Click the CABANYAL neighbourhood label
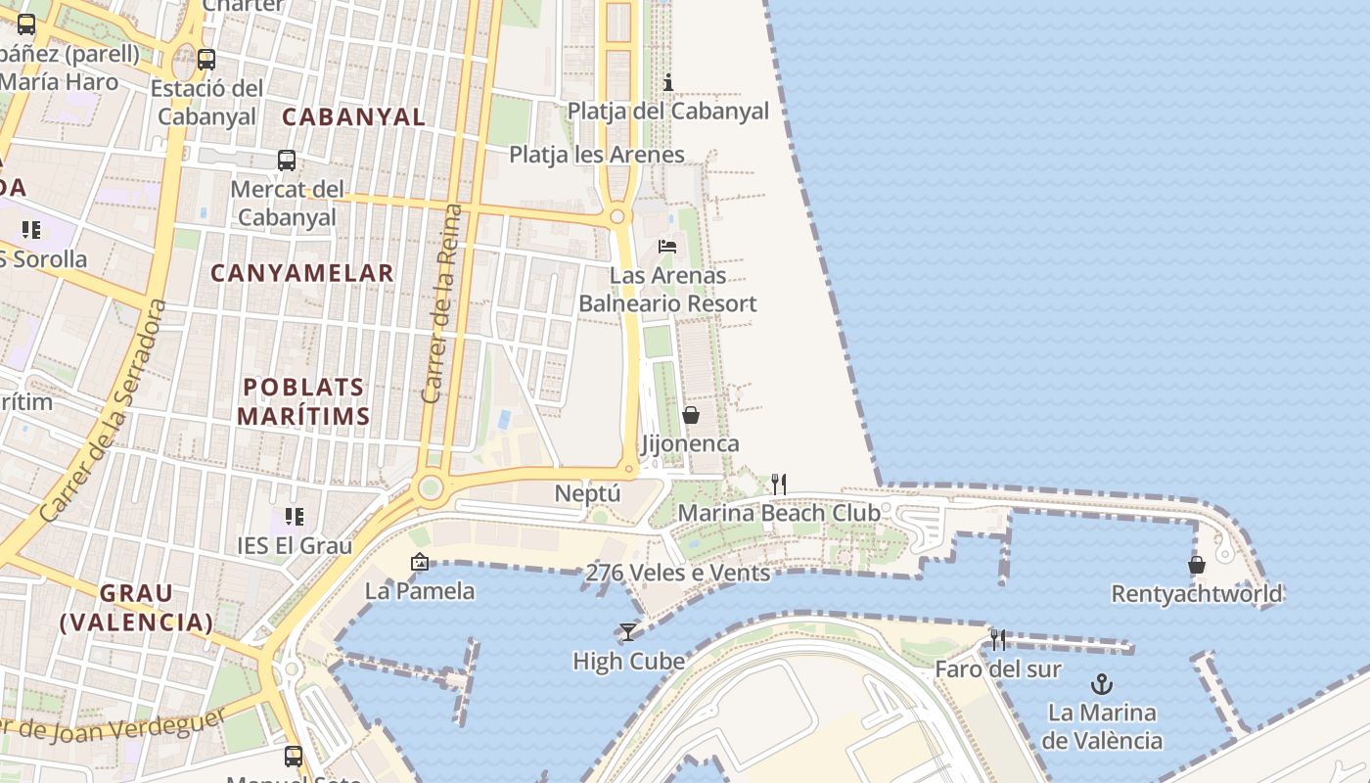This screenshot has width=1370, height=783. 353,116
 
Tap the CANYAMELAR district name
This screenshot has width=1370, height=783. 302,273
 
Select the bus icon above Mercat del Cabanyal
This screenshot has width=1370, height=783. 286,160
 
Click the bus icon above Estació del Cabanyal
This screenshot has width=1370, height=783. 205,59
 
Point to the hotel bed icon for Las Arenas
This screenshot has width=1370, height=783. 667,246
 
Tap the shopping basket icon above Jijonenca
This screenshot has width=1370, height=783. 691,415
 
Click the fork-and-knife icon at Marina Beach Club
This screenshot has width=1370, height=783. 778,484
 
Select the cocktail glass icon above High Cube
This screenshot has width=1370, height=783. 627,632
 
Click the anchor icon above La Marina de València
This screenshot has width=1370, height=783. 1103,683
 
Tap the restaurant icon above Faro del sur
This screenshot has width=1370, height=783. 997,640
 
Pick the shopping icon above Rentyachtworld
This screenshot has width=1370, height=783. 1196,565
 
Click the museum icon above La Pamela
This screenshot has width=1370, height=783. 420,562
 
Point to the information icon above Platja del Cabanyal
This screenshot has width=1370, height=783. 668,82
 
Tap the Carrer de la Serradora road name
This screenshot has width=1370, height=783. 104,411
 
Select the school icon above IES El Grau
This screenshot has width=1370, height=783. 294,516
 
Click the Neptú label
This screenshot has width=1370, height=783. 587,493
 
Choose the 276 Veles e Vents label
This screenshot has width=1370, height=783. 677,573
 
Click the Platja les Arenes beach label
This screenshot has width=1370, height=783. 596,154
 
